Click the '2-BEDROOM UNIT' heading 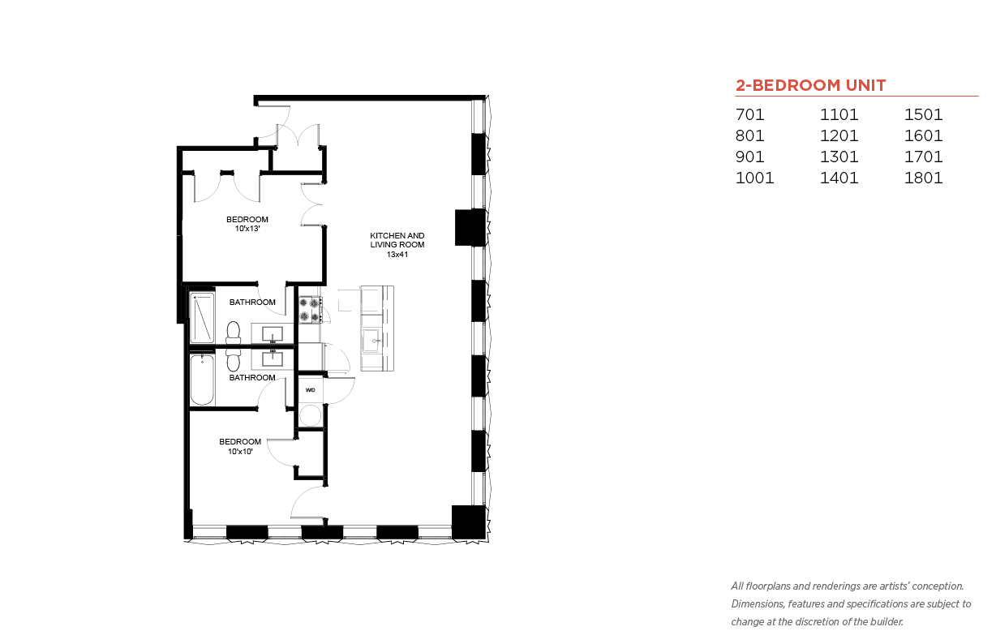coord(810,85)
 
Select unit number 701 coord(749,114)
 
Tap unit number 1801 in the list coord(923,178)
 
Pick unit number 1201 coord(839,135)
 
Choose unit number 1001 coord(754,178)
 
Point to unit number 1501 coord(923,114)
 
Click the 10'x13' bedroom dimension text coord(247,229)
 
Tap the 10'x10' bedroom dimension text coord(240,451)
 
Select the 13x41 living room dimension coord(397,254)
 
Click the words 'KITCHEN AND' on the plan coord(397,235)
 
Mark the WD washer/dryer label coord(310,390)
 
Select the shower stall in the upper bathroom coord(202,317)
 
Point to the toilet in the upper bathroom coord(234,333)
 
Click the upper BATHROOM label coord(252,302)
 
